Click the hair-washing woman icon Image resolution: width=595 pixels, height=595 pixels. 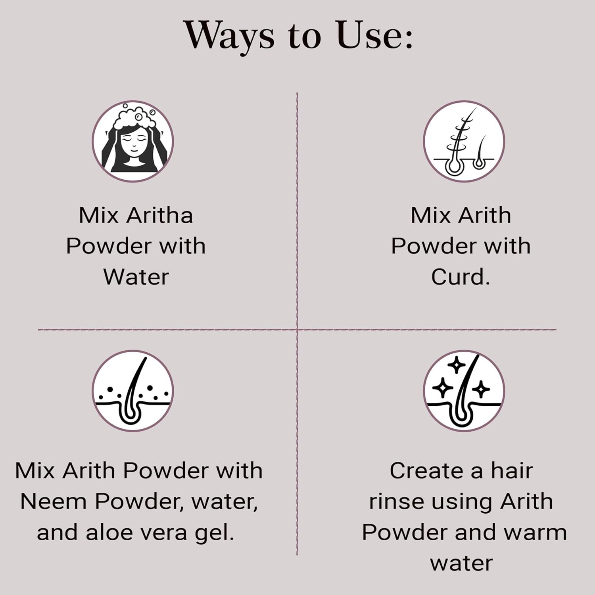point(133,141)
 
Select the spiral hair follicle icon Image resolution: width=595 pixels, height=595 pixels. point(464,141)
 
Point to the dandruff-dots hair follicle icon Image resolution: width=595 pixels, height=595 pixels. point(133,391)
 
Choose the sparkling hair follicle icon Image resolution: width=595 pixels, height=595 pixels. point(464,391)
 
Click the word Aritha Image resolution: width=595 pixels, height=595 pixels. point(159,215)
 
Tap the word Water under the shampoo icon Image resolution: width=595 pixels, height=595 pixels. point(136,276)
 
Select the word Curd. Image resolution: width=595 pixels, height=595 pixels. point(461,276)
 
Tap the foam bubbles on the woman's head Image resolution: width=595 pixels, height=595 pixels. point(133,115)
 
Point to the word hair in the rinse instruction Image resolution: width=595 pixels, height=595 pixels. point(512,470)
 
